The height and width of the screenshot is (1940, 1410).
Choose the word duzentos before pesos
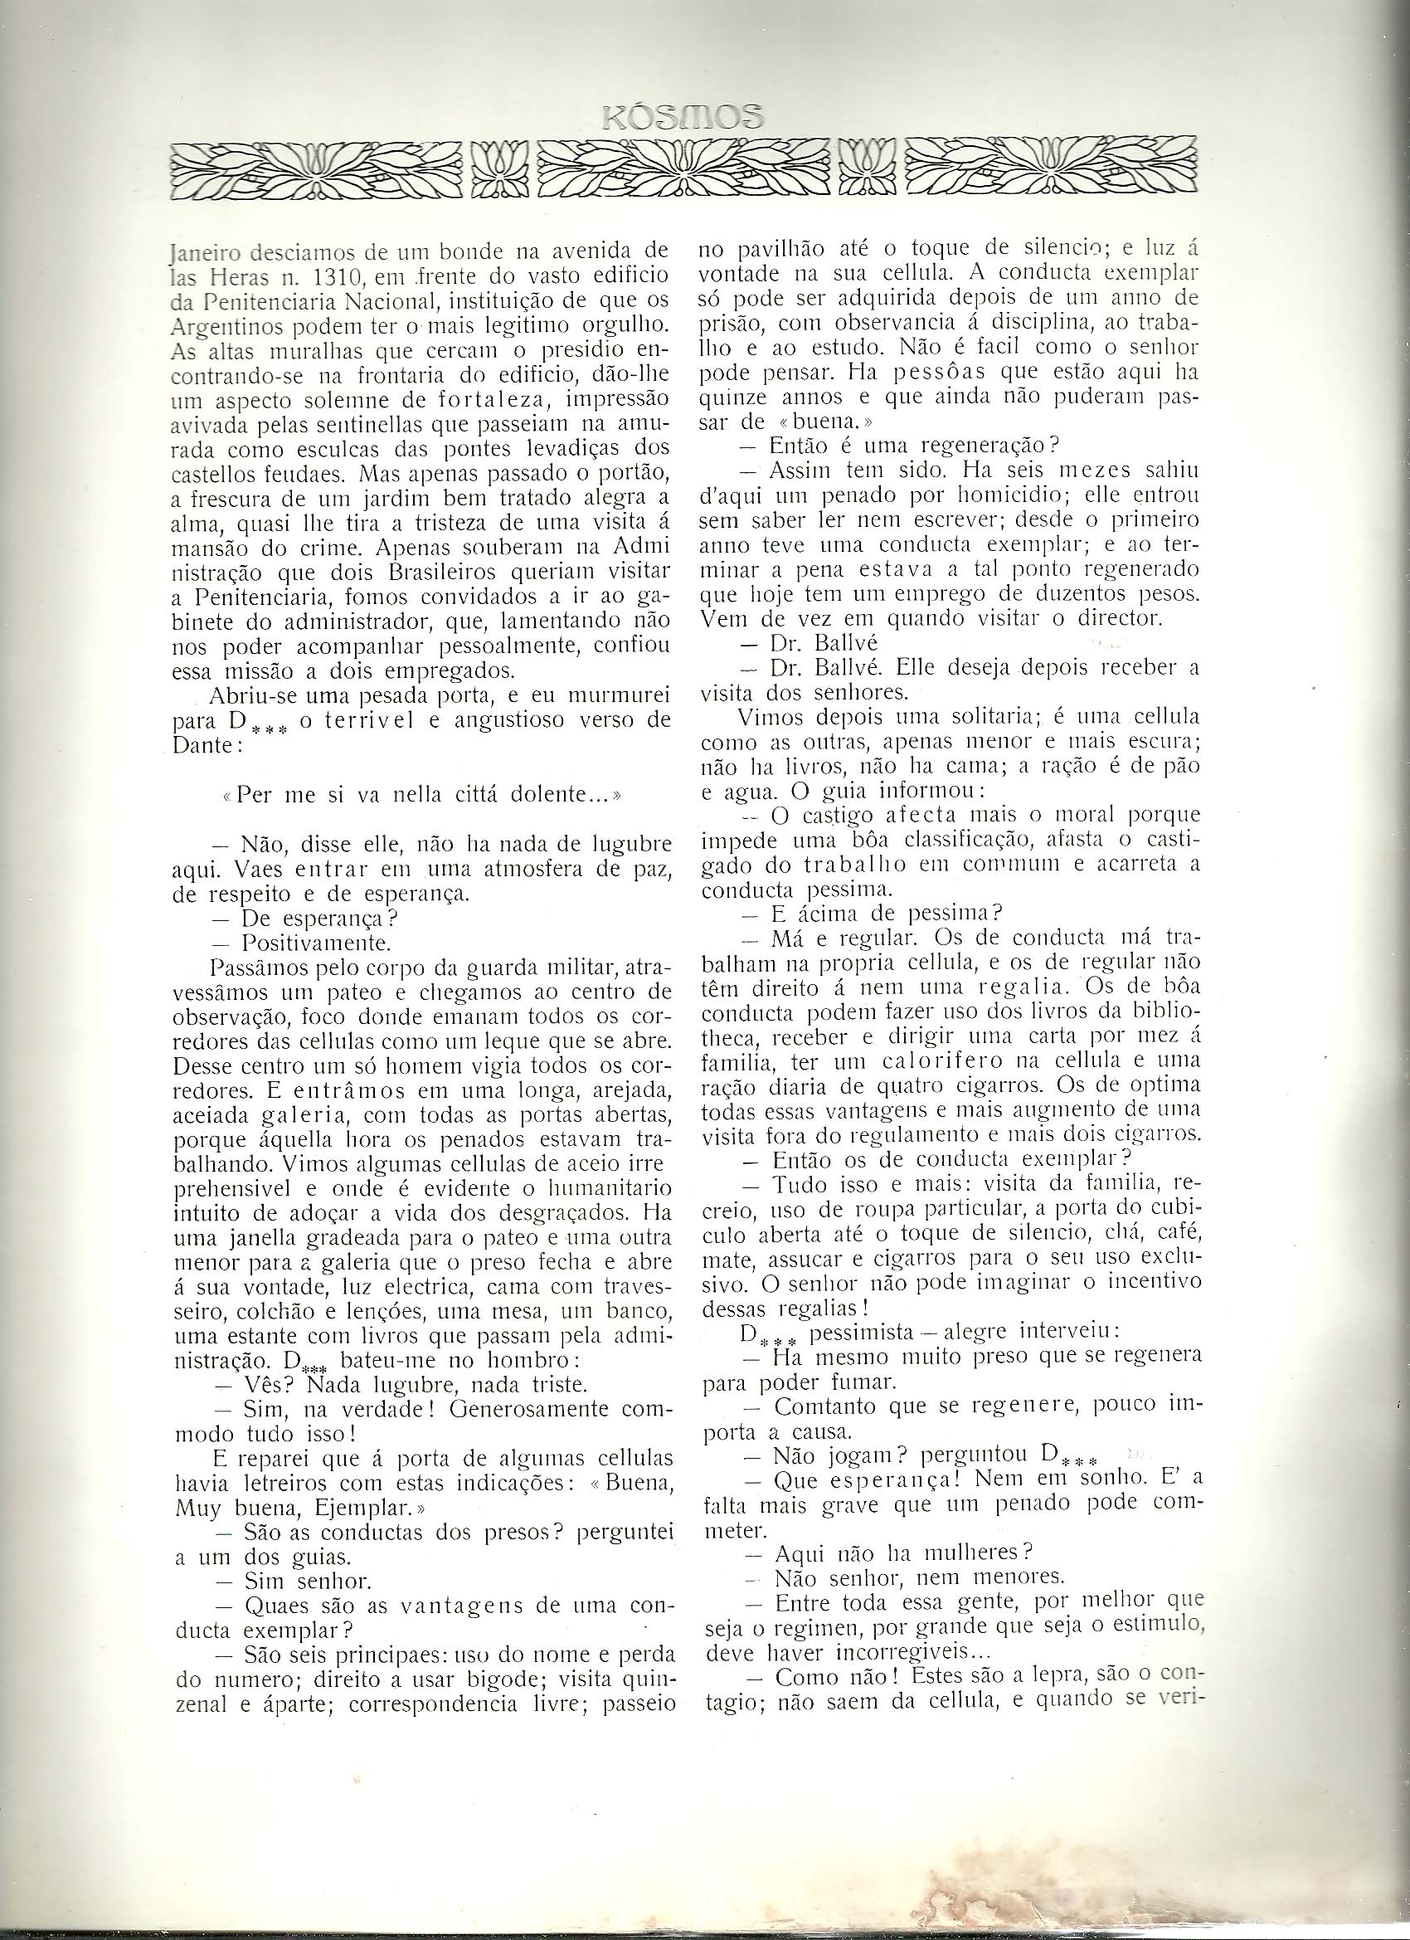1041,594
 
